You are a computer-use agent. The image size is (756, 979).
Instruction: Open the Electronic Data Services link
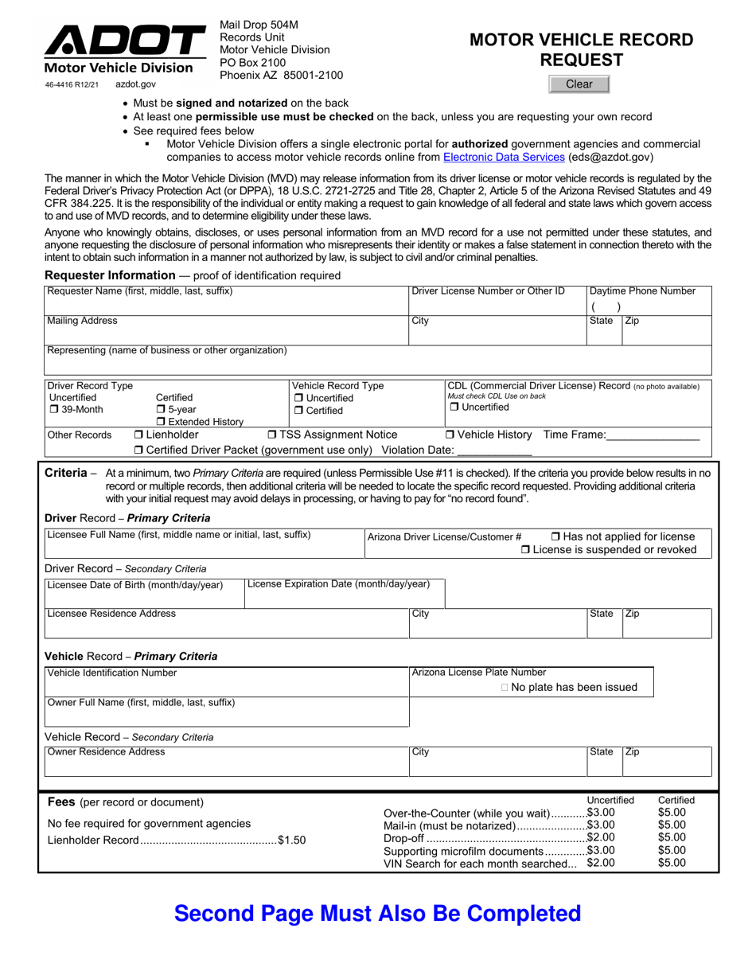(x=503, y=158)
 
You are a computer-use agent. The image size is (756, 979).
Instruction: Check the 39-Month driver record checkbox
(x=54, y=410)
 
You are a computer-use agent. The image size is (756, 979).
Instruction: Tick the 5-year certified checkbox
(x=161, y=410)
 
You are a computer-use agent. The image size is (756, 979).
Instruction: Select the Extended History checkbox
(x=161, y=422)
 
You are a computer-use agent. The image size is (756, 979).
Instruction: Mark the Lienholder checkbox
(x=138, y=435)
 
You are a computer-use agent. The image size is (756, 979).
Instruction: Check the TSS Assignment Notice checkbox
(x=272, y=435)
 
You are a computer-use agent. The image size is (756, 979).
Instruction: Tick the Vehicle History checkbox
(x=450, y=435)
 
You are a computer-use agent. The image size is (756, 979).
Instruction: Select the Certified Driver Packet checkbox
(x=138, y=450)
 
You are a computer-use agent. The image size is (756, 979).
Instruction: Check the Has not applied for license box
(x=555, y=536)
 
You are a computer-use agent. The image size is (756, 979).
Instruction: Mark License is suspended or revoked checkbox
(x=525, y=550)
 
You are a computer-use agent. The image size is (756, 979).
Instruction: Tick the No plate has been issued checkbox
(x=505, y=688)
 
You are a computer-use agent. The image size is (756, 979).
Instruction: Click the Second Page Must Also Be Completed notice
(x=377, y=913)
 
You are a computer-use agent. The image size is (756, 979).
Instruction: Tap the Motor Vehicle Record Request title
(x=581, y=49)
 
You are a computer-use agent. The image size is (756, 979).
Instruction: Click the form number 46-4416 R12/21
(x=72, y=84)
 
